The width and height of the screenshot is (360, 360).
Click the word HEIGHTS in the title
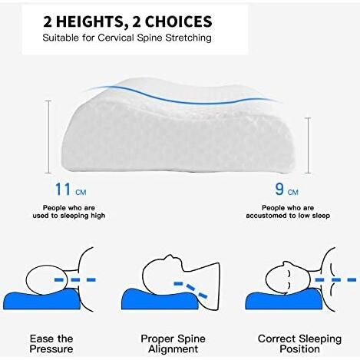pos(90,21)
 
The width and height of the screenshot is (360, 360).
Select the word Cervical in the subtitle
pos(116,38)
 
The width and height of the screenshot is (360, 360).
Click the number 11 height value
pos(63,190)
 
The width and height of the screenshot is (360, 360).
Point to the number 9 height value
pos(279,190)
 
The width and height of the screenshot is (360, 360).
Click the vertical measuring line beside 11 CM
pos(48,137)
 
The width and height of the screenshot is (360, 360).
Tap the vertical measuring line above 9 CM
pos(309,145)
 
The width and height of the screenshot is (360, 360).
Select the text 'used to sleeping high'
pos(69,216)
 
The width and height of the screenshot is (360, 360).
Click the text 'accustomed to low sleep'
pos(288,216)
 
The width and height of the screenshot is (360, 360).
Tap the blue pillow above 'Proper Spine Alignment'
pos(160,299)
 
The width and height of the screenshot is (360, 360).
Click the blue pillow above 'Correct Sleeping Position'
pos(284,299)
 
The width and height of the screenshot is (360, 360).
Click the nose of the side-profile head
pos(167,257)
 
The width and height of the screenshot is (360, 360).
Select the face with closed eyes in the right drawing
pos(288,278)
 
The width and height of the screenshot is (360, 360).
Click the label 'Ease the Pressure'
pos(51,344)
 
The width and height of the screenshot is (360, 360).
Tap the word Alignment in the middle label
pos(173,349)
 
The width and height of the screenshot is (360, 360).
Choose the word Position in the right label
pos(299,349)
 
